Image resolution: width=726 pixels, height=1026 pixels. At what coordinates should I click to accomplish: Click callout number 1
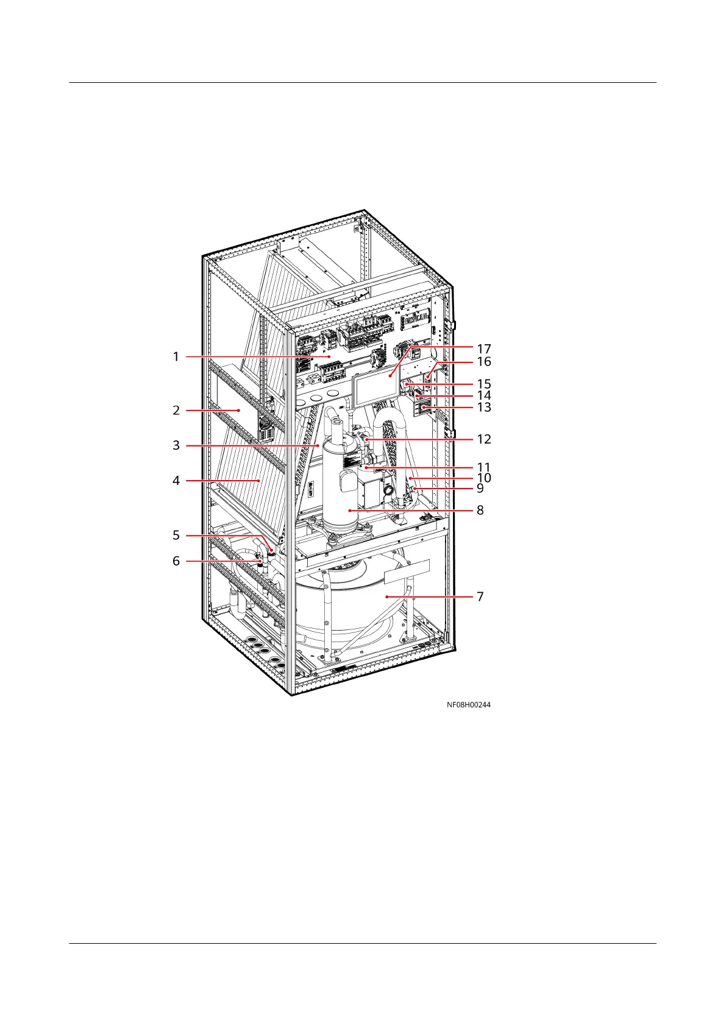click(176, 356)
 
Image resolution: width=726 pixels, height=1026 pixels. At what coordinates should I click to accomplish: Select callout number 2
click(176, 410)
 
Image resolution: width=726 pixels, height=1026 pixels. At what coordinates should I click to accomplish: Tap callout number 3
click(176, 445)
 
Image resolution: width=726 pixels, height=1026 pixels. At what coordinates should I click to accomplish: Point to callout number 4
click(176, 481)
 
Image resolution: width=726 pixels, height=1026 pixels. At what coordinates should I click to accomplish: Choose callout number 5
click(176, 535)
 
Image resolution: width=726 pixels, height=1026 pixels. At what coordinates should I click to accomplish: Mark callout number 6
click(176, 561)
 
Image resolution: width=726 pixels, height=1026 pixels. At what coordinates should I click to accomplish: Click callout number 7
click(480, 596)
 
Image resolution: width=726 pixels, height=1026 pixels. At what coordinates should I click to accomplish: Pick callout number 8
click(480, 510)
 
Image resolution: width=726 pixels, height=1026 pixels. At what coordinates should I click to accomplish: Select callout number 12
click(484, 439)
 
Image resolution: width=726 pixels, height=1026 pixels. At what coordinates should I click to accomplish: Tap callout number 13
click(484, 406)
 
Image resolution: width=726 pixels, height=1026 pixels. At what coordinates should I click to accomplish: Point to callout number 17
click(484, 349)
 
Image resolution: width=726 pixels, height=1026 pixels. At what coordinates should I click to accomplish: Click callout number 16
click(484, 361)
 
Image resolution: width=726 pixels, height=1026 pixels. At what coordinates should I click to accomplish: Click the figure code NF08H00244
click(468, 704)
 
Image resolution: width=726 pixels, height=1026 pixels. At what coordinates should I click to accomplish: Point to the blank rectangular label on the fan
click(407, 571)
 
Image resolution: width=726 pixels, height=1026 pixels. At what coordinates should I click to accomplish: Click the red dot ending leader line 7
click(386, 596)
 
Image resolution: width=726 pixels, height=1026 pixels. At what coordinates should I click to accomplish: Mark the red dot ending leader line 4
click(260, 481)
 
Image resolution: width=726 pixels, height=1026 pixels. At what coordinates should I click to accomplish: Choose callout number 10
click(484, 478)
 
